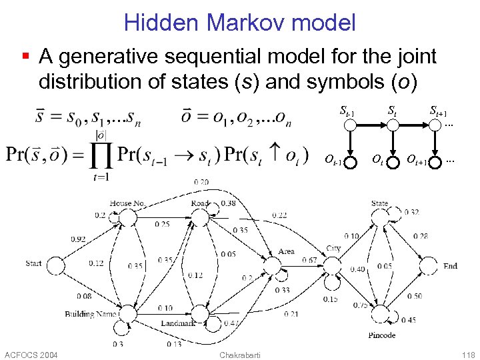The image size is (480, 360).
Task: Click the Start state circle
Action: (55, 265)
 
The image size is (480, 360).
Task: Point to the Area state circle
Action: (272, 265)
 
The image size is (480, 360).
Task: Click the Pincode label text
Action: (381, 335)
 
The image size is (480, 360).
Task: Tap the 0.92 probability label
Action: (78, 239)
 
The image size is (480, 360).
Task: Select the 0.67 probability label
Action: (309, 260)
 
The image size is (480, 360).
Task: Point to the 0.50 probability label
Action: (414, 296)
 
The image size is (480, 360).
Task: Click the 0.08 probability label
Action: (84, 296)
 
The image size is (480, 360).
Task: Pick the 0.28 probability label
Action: (420, 236)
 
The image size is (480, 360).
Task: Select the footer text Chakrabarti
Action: (239, 353)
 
